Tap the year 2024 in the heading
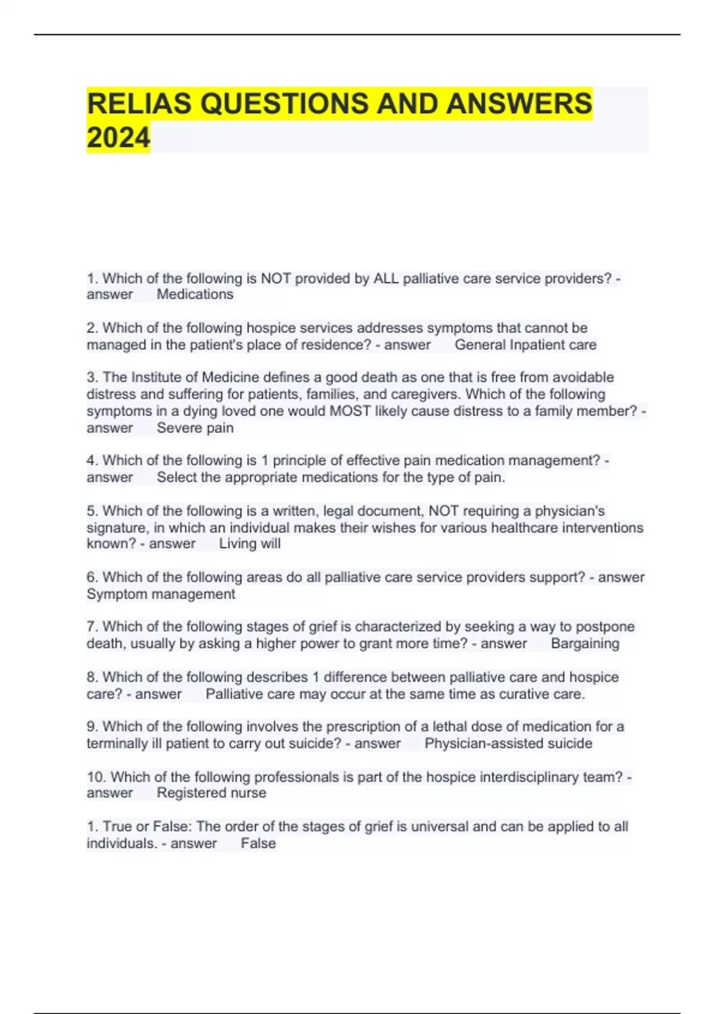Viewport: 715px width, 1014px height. tap(118, 138)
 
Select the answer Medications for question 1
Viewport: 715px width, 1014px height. tap(195, 295)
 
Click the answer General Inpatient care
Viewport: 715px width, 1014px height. tap(525, 345)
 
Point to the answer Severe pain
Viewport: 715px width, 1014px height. tap(195, 428)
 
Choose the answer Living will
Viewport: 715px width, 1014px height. tap(250, 544)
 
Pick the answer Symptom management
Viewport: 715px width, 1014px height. tap(161, 594)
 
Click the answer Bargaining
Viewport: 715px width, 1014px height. tap(585, 644)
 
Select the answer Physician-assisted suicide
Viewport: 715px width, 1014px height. tap(508, 743)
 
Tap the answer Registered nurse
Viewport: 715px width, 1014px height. tap(211, 793)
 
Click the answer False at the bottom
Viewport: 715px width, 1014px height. tap(258, 843)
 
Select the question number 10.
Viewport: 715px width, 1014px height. tap(96, 777)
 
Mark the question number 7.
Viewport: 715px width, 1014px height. tap(92, 627)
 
